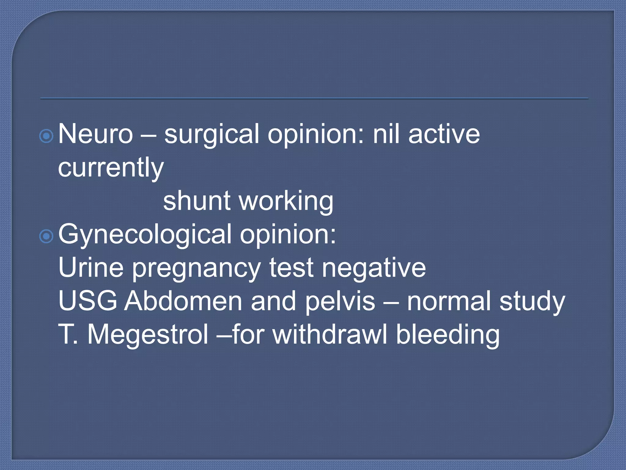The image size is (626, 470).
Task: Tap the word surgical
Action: [212, 135]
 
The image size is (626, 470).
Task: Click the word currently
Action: [111, 168]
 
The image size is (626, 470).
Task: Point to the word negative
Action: [374, 268]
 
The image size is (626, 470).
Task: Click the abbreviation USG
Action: [88, 301]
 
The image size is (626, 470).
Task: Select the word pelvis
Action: [340, 301]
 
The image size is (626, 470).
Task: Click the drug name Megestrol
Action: [148, 335]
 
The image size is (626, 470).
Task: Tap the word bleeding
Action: [448, 335]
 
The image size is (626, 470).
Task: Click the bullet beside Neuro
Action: [46, 136]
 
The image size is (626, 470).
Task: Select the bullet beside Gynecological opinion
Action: [46, 236]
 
